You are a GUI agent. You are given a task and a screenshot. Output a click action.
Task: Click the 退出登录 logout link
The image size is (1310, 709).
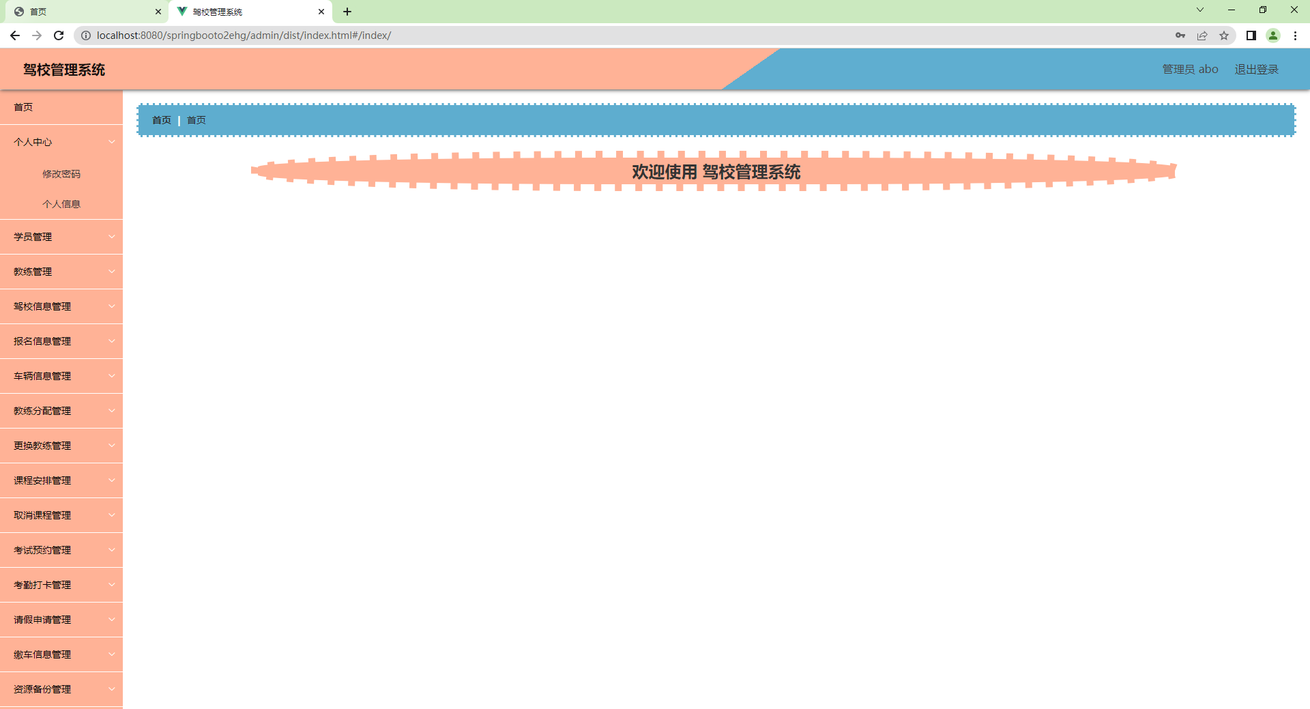[1256, 70]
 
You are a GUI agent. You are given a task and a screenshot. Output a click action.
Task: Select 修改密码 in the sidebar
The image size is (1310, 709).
[61, 174]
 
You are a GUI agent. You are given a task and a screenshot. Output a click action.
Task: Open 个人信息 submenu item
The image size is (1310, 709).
[61, 204]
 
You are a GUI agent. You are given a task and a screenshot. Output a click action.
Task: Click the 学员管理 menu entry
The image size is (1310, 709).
[33, 237]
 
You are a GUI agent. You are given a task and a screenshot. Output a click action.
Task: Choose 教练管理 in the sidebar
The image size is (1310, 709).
[33, 272]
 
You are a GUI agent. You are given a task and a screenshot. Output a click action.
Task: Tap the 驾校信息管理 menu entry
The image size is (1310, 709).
[42, 306]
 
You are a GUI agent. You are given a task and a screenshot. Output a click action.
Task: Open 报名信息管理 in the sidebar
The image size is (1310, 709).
[42, 341]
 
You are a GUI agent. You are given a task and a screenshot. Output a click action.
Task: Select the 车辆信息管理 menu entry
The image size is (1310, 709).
[42, 376]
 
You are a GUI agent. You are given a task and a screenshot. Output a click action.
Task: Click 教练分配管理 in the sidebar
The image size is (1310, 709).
[42, 411]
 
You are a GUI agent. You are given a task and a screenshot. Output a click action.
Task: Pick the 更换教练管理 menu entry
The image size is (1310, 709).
[42, 446]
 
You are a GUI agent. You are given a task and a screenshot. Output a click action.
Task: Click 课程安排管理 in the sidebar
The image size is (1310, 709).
[42, 480]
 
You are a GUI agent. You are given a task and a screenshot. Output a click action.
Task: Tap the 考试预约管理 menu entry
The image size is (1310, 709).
[42, 550]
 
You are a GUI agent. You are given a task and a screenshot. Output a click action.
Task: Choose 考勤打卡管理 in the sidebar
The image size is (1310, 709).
[42, 585]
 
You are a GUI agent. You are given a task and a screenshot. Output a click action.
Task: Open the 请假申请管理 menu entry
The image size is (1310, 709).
[42, 620]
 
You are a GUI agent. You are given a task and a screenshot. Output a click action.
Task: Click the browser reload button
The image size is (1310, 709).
[59, 35]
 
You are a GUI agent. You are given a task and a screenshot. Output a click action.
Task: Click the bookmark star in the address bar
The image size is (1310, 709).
[1224, 35]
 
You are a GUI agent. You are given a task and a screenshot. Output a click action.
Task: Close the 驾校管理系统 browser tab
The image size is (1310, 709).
[321, 12]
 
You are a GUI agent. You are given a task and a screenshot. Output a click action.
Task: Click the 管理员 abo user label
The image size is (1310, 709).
[1190, 70]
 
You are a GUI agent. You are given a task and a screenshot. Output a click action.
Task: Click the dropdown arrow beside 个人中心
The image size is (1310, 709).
[112, 142]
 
